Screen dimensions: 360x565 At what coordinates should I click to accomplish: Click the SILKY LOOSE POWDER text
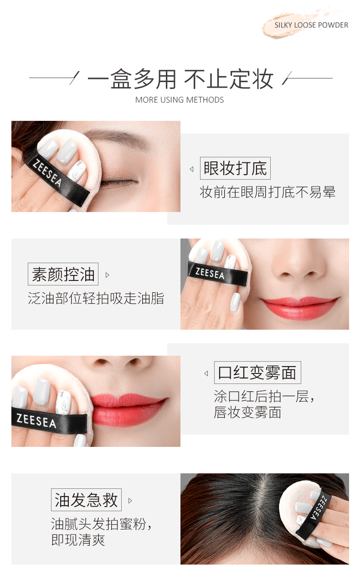(x=311, y=25)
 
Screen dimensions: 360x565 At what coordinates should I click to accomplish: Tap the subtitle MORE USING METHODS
(x=180, y=100)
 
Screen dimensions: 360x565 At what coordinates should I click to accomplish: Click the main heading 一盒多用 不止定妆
(x=180, y=79)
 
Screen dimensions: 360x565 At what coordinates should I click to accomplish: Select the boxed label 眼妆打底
(x=235, y=168)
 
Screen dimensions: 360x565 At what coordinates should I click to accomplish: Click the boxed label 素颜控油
(x=63, y=274)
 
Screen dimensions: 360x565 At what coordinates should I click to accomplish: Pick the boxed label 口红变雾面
(x=257, y=373)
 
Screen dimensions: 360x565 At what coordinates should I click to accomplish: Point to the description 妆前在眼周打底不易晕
(x=267, y=192)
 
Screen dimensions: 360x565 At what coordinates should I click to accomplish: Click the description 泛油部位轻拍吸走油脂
(x=96, y=298)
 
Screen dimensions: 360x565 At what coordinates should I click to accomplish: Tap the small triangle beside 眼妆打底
(x=191, y=169)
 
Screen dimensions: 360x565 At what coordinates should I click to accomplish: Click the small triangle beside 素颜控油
(x=107, y=275)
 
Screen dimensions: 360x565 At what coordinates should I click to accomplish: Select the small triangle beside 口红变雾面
(x=206, y=373)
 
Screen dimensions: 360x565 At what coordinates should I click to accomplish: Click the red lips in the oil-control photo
(x=299, y=308)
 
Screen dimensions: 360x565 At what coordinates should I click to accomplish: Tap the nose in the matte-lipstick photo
(x=118, y=364)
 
